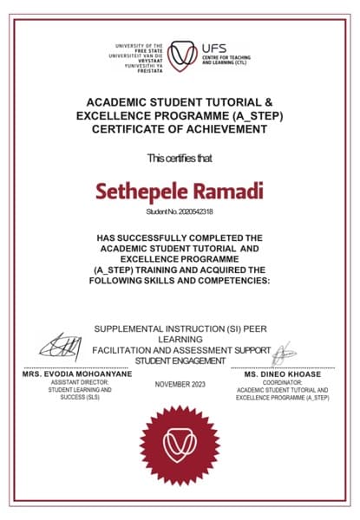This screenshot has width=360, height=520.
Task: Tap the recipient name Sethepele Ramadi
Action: coord(180,189)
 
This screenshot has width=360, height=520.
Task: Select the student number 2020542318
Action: coord(180,211)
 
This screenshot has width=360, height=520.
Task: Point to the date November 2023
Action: coord(180,384)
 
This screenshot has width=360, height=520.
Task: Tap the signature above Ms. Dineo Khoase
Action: coord(284,353)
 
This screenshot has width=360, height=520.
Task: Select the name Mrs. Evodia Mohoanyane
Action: coord(76,374)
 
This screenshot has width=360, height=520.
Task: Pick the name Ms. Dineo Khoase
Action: coord(282,374)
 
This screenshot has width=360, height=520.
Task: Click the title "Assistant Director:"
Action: coord(75,382)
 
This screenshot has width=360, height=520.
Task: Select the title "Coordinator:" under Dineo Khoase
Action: coord(283,382)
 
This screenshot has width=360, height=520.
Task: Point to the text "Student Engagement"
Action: coord(180,361)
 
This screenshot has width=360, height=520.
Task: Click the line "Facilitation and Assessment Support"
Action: coord(182,350)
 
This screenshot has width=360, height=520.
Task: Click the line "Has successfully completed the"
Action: coord(180,237)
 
